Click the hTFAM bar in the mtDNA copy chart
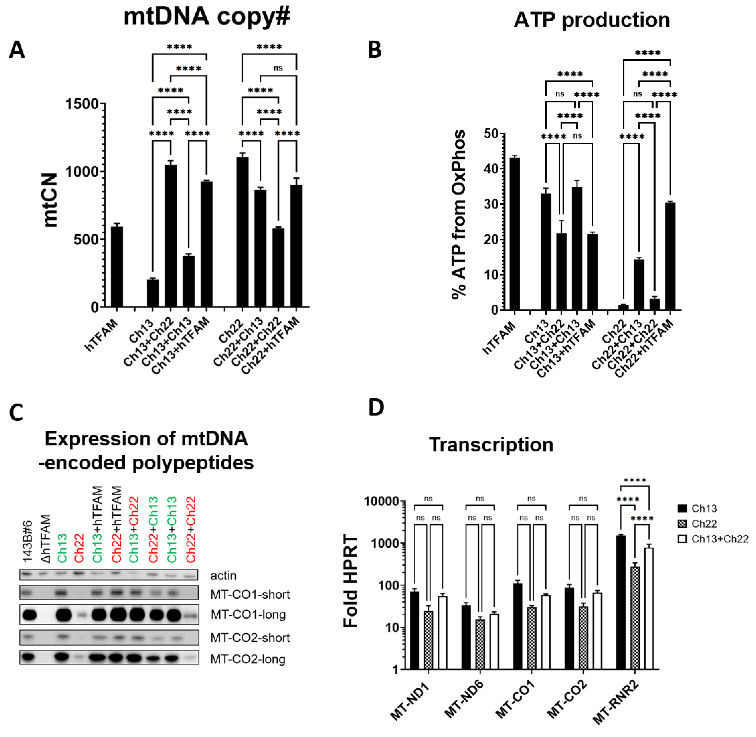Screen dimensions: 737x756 pos(117,267)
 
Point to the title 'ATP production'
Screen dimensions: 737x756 pos(591,20)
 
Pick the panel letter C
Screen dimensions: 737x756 pos(16,412)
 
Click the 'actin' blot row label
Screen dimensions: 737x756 pos(223,575)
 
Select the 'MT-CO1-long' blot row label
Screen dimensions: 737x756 pos(248,614)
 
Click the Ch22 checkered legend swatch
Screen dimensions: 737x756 pos(682,524)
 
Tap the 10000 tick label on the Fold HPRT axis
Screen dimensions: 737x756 pos(381,502)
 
